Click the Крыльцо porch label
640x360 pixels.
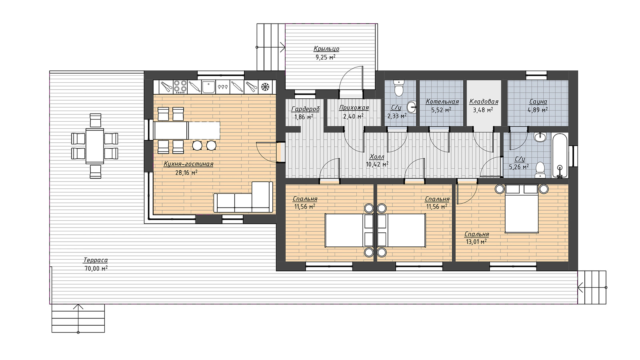click(326, 48)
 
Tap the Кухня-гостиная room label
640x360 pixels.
click(188, 164)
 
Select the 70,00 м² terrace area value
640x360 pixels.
click(96, 268)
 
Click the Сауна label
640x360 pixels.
click(538, 102)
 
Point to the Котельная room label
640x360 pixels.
click(442, 102)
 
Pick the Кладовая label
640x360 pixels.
click(484, 102)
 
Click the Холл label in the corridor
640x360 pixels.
click(377, 156)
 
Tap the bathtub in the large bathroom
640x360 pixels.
click(560, 156)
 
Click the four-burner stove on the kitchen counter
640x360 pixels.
click(180, 86)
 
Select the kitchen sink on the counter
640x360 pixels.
click(208, 87)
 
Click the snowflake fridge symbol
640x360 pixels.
click(266, 86)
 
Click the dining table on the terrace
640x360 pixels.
click(94, 146)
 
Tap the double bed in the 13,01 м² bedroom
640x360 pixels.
click(522, 209)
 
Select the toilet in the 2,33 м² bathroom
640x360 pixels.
click(398, 88)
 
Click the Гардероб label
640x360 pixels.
click(306, 109)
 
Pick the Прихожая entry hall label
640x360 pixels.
click(354, 108)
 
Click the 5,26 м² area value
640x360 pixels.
click(519, 166)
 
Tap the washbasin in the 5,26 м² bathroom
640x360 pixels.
click(540, 137)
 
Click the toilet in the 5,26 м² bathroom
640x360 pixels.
click(540, 170)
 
